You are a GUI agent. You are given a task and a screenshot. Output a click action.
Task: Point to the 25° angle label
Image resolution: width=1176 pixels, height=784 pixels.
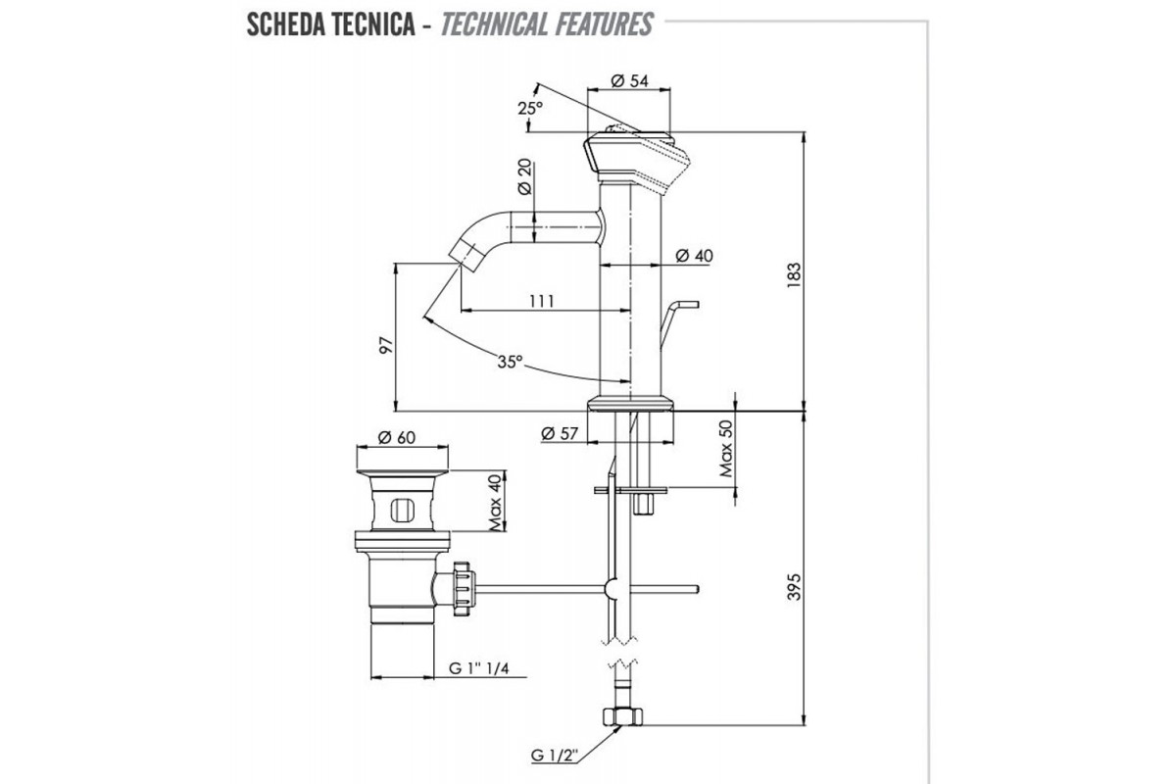[530, 109]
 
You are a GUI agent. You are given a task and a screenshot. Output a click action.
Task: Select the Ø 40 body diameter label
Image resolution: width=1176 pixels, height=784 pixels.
[694, 256]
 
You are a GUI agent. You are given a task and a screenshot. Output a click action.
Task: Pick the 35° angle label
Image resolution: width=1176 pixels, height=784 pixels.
[508, 363]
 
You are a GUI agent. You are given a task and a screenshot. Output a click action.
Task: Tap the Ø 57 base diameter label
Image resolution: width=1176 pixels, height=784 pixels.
[560, 432]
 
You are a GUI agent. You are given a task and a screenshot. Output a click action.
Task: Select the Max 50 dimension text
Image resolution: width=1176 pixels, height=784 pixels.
[727, 449]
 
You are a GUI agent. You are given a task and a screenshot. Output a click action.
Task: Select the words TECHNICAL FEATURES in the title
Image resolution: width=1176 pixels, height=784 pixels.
[547, 24]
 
